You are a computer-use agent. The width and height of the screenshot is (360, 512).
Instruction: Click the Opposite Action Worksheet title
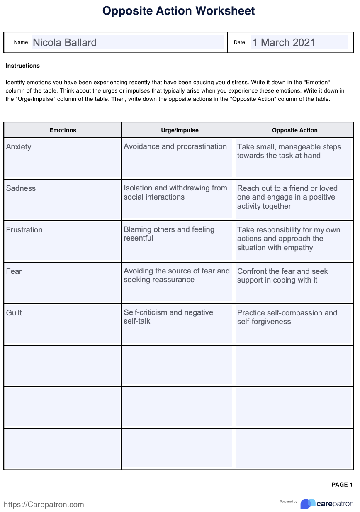point(179,11)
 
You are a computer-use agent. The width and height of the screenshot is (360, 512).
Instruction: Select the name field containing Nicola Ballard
point(127,42)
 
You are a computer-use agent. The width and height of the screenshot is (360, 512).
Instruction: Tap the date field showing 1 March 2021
point(299,42)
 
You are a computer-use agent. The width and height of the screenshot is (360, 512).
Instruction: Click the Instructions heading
point(23,66)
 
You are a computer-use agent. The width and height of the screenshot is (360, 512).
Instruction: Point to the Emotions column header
point(63,130)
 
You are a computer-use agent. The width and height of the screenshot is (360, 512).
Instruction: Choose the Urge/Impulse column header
point(180,130)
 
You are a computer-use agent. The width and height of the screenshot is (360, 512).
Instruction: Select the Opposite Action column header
point(294,130)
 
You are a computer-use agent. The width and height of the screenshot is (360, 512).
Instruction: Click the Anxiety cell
point(19,147)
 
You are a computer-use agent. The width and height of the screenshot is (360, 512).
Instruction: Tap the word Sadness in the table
point(21,188)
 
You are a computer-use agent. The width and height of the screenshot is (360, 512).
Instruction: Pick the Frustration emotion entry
point(24,230)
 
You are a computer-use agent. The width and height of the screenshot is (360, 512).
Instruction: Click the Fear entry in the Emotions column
point(14,271)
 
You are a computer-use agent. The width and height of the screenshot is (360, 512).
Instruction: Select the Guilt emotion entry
point(14,313)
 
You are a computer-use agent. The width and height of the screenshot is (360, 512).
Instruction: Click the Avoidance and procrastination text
point(175,146)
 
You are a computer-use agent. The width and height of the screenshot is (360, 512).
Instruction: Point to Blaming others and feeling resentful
point(169,234)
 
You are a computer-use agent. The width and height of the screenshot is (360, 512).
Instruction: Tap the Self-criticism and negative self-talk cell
point(168,317)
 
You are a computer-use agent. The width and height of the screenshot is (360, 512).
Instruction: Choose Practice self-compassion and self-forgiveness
point(287,317)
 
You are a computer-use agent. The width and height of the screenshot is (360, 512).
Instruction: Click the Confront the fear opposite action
point(282,276)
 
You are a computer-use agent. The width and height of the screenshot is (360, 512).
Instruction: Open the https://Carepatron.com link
point(44,505)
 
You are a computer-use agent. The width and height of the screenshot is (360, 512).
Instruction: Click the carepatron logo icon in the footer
point(308,504)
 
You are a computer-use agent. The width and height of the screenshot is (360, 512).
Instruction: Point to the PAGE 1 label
point(342,485)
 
